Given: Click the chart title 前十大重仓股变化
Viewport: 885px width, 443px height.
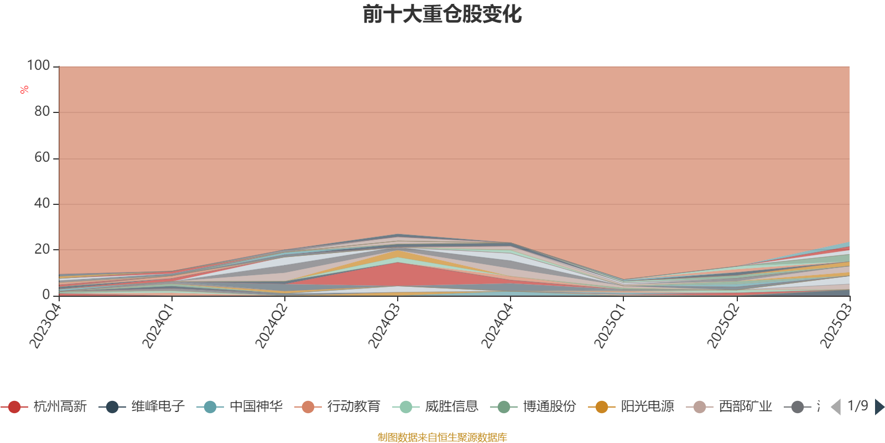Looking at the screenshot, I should coord(442,14).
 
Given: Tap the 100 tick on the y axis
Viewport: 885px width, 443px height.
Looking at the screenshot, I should coord(39,66).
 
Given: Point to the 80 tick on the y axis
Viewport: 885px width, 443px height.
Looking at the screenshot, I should coord(41,112).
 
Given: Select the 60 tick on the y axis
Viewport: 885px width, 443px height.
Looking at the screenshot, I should coord(41,158).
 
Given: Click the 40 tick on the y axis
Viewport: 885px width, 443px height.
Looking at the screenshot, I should coord(41,204).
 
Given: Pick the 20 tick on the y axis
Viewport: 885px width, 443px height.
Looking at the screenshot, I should coord(41,250).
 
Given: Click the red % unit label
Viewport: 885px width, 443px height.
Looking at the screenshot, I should coord(24,90).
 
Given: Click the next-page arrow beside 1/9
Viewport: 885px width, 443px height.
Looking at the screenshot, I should coord(879,407).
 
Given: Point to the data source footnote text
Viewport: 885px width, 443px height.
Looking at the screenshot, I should coord(442,437).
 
